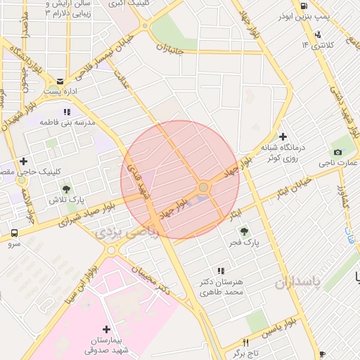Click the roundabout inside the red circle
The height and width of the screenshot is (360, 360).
(203, 187)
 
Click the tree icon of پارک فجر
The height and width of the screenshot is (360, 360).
(244, 231)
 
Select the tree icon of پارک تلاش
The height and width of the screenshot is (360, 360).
(66, 189)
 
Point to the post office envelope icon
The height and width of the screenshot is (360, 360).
(60, 81)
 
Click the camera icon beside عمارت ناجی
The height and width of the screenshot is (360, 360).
(337, 153)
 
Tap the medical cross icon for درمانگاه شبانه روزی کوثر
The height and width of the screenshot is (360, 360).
(283, 136)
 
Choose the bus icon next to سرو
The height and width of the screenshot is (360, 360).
(15, 233)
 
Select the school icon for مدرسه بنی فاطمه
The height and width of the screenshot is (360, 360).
(67, 111)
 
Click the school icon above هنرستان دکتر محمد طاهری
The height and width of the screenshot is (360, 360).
(221, 270)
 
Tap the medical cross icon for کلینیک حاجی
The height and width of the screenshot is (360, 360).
(23, 161)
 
